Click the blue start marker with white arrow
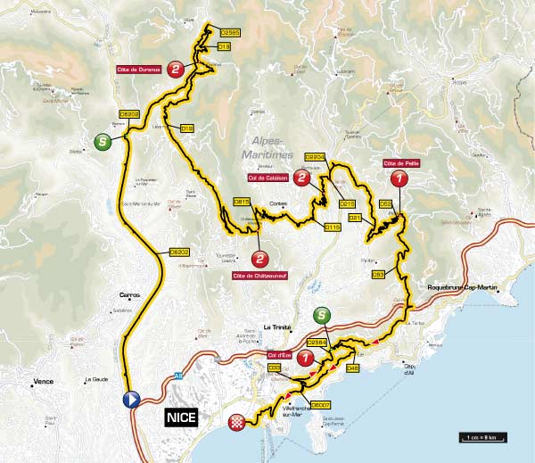coord(132,400)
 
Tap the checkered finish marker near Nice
coord(236,422)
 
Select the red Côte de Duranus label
coord(137,69)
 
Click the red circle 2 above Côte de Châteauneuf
coord(259,259)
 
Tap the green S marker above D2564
coord(322,315)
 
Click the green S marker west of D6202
coord(104,140)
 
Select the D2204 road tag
coord(316,157)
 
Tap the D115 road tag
coord(332,227)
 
